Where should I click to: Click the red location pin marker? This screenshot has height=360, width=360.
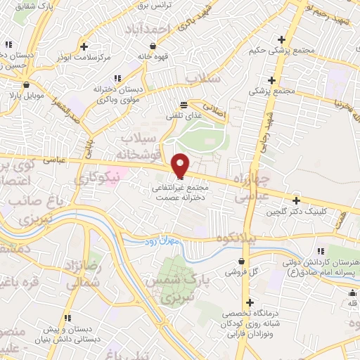click(181, 165)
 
